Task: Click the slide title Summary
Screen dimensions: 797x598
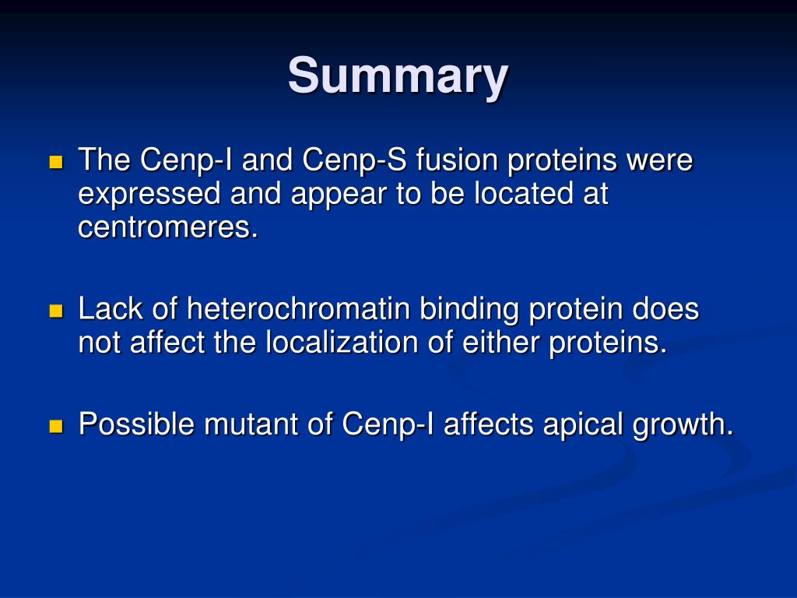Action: coord(398,76)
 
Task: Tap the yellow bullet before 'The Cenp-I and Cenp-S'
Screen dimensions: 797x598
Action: coord(56,162)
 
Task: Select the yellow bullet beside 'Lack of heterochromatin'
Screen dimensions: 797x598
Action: coord(56,311)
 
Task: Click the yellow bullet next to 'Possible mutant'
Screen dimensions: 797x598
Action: coord(56,426)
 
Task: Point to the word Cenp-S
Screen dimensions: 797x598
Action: coord(354,160)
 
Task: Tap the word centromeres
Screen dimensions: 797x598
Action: coord(168,227)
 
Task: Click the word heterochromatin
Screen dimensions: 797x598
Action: coord(298,308)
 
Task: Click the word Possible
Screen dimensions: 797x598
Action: coord(136,424)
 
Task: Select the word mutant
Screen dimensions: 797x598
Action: coord(251,424)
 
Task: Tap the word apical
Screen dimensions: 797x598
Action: coord(583,425)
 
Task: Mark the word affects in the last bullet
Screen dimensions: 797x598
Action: coord(489,424)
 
